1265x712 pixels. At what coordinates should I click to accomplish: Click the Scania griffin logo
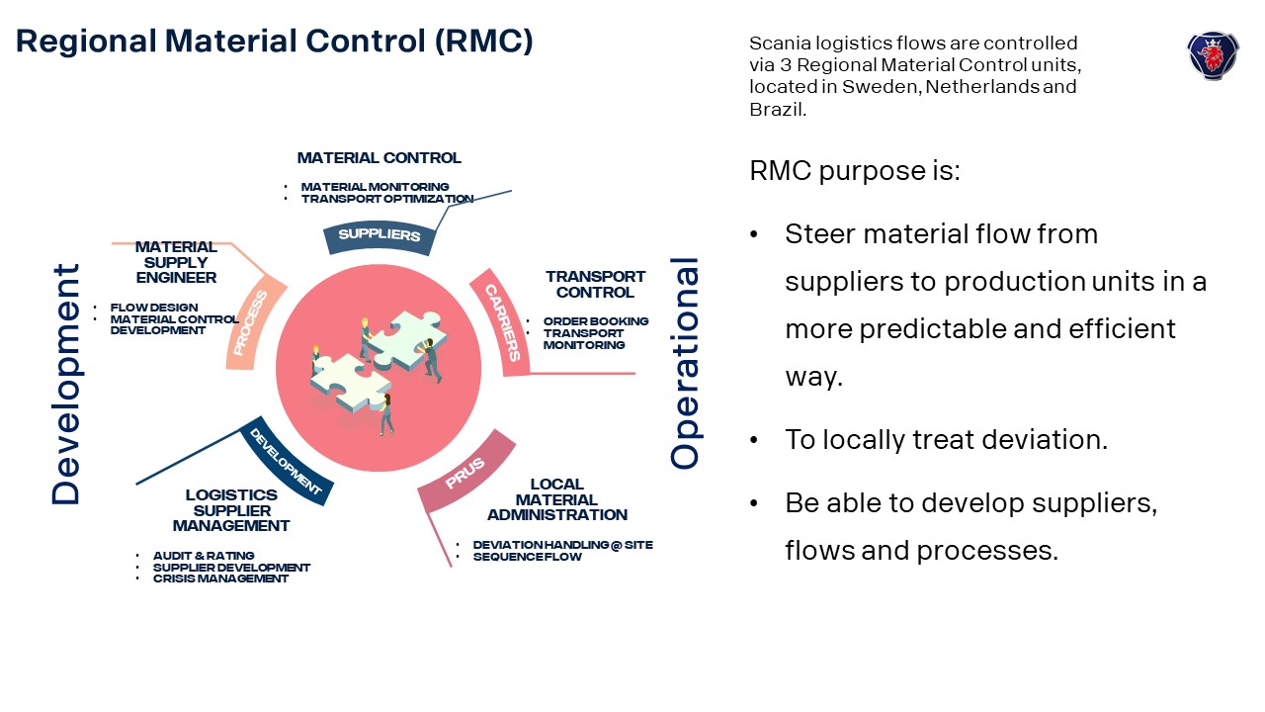pyautogui.click(x=1212, y=54)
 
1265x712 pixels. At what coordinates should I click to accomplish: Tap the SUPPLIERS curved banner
pyautogui.click(x=379, y=235)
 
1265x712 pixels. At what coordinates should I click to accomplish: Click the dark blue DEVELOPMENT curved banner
pyautogui.click(x=286, y=462)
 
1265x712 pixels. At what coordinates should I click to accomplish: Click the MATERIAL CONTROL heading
pyautogui.click(x=379, y=158)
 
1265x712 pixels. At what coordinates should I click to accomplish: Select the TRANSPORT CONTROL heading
pyautogui.click(x=595, y=285)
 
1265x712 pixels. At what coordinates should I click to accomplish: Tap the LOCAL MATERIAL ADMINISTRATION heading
pyautogui.click(x=556, y=499)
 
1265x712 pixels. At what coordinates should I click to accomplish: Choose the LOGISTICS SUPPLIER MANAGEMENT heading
pyautogui.click(x=231, y=510)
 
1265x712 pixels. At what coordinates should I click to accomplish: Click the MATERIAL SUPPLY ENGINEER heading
pyautogui.click(x=176, y=262)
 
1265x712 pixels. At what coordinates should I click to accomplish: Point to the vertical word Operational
pyautogui.click(x=685, y=363)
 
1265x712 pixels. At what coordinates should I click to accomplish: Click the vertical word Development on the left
pyautogui.click(x=66, y=384)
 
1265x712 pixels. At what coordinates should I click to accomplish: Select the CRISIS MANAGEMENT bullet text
pyautogui.click(x=220, y=578)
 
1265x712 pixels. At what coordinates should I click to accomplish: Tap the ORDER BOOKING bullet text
pyautogui.click(x=596, y=321)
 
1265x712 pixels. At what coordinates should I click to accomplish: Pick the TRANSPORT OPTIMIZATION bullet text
pyautogui.click(x=387, y=199)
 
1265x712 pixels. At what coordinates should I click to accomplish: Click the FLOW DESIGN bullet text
pyautogui.click(x=154, y=308)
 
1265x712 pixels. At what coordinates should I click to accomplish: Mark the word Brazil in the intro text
pyautogui.click(x=776, y=109)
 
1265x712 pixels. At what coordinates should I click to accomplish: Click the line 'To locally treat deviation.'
pyautogui.click(x=946, y=439)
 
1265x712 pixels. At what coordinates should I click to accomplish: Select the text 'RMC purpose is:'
pyautogui.click(x=855, y=170)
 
